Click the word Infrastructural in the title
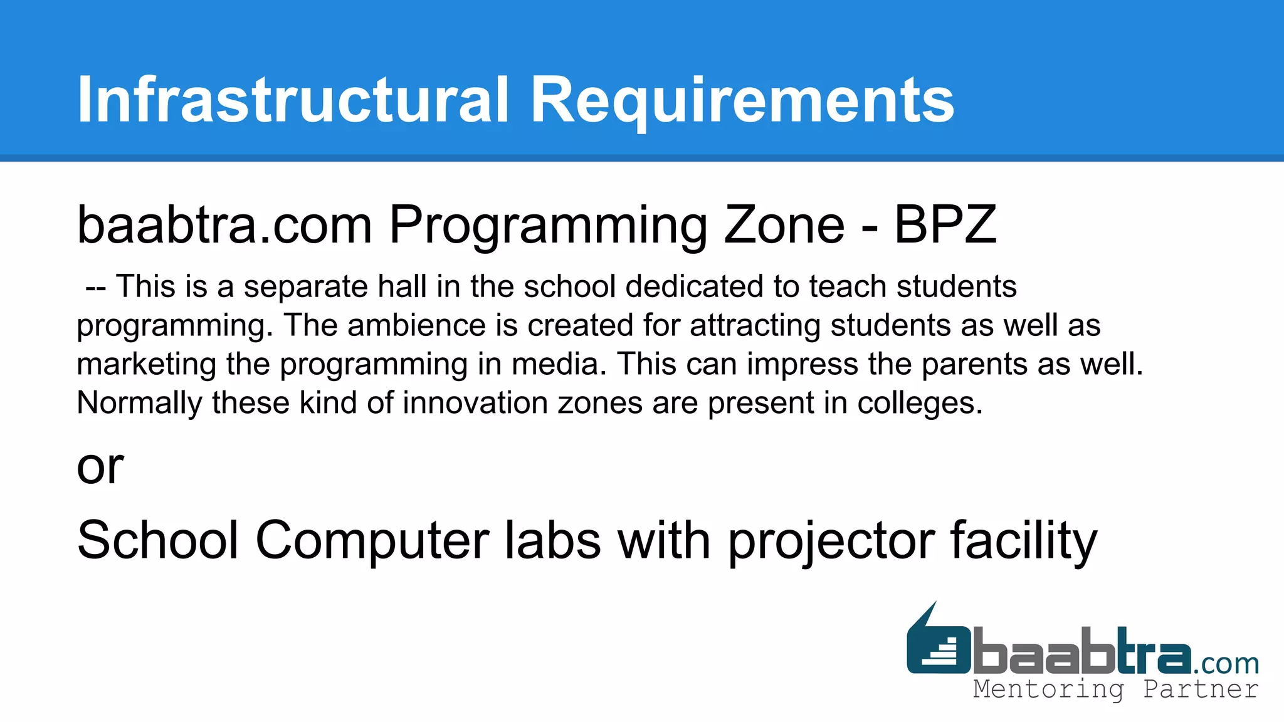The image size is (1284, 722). tap(293, 100)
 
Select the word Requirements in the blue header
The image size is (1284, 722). tap(742, 100)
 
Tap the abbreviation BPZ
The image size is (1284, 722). tap(945, 224)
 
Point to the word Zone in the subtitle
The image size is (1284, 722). tap(784, 224)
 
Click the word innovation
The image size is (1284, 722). tap(475, 402)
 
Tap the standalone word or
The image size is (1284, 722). tap(100, 467)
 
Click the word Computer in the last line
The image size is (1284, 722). tap(372, 540)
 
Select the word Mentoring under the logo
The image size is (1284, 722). tap(1048, 689)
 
